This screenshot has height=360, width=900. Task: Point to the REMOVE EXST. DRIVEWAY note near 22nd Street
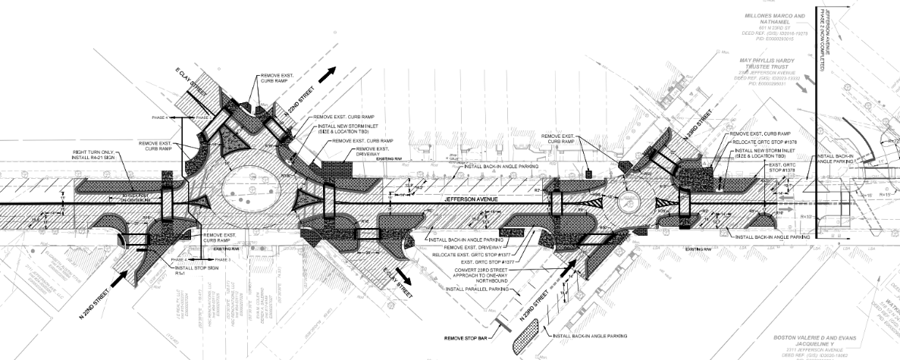click(356, 150)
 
